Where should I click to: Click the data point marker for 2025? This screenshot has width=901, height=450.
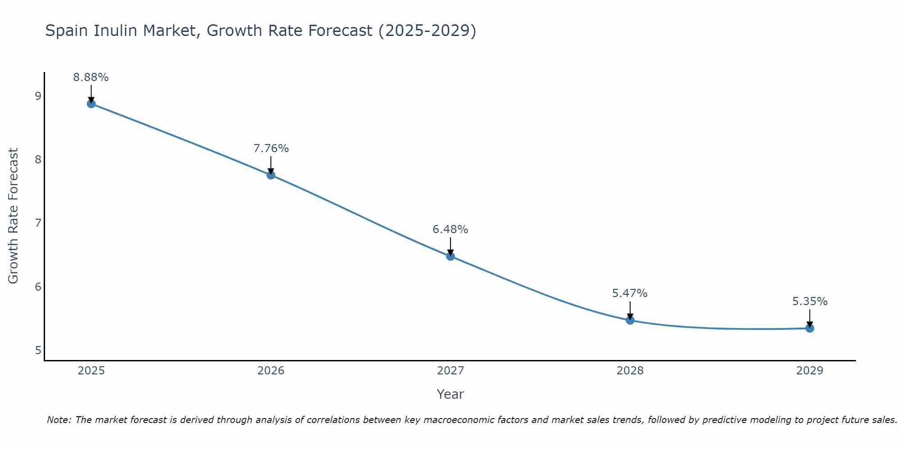point(91,104)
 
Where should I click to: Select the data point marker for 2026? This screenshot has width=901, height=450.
point(271,175)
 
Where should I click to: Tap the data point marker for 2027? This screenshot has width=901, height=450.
point(450,256)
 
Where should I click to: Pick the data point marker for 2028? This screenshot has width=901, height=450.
point(630,320)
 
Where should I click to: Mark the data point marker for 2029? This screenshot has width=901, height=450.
point(810,328)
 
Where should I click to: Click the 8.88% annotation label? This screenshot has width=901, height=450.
point(91,77)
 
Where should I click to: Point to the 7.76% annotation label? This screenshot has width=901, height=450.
point(271,148)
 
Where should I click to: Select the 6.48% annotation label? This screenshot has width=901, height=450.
point(450,229)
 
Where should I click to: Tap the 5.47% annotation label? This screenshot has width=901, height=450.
point(630,293)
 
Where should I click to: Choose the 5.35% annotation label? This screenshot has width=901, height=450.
point(810,301)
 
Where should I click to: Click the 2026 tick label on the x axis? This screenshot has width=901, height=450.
point(271,371)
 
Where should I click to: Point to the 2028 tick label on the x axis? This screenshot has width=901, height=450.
point(630,371)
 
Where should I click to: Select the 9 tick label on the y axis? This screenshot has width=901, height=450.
point(38,96)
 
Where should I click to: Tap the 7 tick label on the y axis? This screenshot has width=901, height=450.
point(38,223)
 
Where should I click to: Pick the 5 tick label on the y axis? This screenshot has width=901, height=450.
point(38,350)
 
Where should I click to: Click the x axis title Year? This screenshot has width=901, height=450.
point(450,394)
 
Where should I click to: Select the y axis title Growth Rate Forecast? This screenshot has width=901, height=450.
point(14,216)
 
